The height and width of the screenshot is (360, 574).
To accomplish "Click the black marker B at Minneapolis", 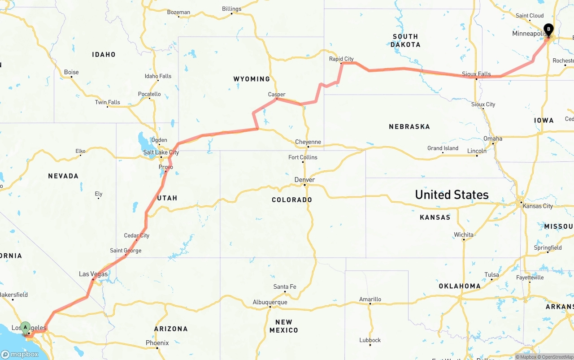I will click(x=548, y=30).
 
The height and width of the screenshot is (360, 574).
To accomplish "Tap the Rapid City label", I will click(x=341, y=59).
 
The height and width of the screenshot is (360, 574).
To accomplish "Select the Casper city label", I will click(x=277, y=95).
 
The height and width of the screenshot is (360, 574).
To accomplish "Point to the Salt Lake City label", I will click(x=161, y=152).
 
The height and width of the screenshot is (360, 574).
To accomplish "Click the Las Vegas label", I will click(x=93, y=274).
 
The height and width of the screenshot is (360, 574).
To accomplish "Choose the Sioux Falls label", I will click(x=477, y=74).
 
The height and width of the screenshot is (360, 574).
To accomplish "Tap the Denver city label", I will click(x=304, y=180).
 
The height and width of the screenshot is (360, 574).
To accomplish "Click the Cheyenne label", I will click(x=308, y=142).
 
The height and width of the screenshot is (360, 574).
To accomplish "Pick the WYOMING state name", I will click(x=252, y=79).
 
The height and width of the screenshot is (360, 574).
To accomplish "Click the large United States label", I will click(x=452, y=195).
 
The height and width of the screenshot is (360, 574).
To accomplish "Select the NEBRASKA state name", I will click(x=409, y=127).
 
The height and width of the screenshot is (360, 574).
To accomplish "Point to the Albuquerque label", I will click(x=270, y=302).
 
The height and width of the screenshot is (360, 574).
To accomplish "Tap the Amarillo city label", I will click(x=370, y=299).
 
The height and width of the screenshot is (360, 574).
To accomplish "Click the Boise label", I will click(x=71, y=72).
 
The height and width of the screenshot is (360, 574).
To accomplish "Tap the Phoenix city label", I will click(x=157, y=343).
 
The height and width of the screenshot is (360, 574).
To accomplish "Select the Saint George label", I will click(x=126, y=251).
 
